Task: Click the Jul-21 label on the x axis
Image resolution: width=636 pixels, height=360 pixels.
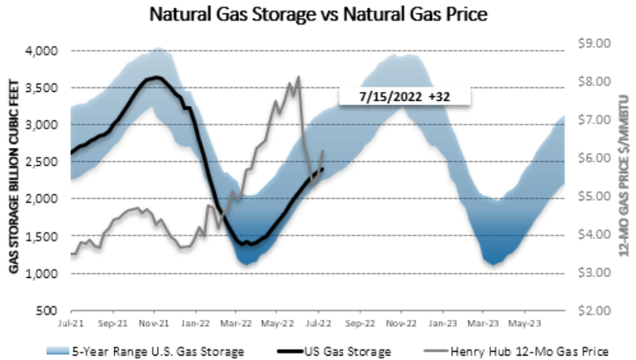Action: [x=71, y=324]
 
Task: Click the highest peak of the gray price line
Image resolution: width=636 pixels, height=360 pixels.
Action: [x=299, y=76]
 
